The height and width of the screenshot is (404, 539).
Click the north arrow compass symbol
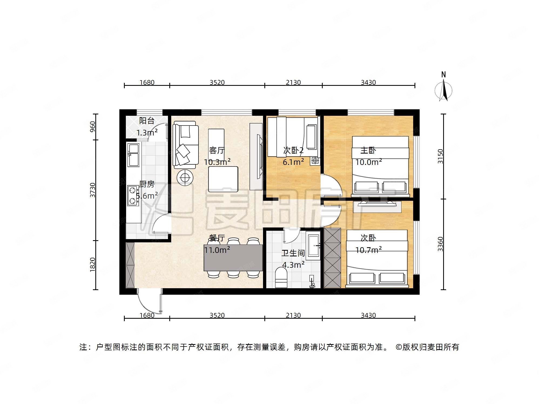(x=443, y=90)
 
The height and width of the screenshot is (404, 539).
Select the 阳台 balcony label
(x=147, y=121)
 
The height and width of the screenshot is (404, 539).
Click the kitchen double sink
(x=133, y=155)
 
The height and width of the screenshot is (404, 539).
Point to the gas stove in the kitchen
(x=133, y=195)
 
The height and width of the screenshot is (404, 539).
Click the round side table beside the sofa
(x=185, y=178)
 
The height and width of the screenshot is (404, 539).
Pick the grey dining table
(x=233, y=257)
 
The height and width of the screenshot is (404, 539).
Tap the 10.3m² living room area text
(x=217, y=162)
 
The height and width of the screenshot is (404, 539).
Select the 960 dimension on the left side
(x=93, y=127)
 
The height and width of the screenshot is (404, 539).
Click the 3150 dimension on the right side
(x=440, y=156)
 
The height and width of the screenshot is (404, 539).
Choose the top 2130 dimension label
(x=293, y=82)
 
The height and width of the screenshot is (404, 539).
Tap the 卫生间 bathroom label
(x=293, y=253)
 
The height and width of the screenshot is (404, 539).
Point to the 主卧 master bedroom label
(x=368, y=150)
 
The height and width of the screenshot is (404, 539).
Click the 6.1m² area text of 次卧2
(x=293, y=162)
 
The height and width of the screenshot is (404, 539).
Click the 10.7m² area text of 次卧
(x=368, y=250)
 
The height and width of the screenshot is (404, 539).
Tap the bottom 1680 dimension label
(x=147, y=315)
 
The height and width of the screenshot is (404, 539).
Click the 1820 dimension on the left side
(x=93, y=264)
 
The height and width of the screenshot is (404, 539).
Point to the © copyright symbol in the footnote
(x=399, y=347)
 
